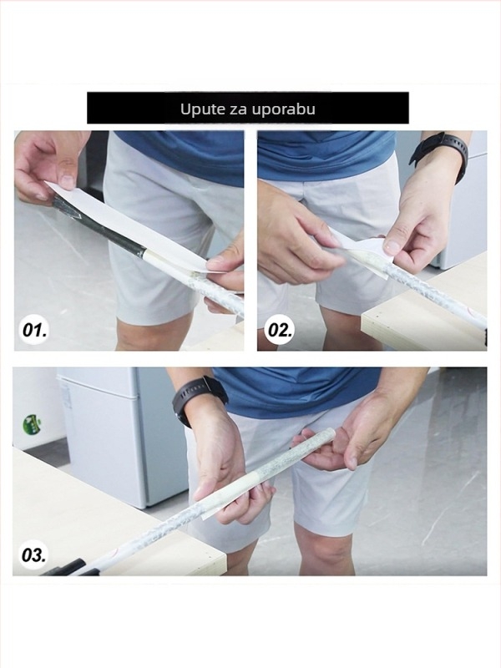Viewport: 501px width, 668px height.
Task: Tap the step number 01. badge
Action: pyautogui.click(x=34, y=330)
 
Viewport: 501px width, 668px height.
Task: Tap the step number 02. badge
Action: pyautogui.click(x=279, y=330)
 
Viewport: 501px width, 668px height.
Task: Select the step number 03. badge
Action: pyautogui.click(x=33, y=555)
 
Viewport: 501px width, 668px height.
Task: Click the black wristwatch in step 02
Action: pyautogui.click(x=443, y=153)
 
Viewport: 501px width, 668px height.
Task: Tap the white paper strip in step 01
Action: pyautogui.click(x=128, y=225)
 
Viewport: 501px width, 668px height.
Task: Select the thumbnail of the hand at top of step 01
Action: pyautogui.click(x=68, y=181)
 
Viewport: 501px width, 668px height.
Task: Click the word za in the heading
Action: pyautogui.click(x=236, y=110)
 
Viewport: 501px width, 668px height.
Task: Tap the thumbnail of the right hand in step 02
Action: pyautogui.click(x=392, y=245)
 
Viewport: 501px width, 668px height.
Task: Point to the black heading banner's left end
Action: pyautogui.click(x=88, y=108)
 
